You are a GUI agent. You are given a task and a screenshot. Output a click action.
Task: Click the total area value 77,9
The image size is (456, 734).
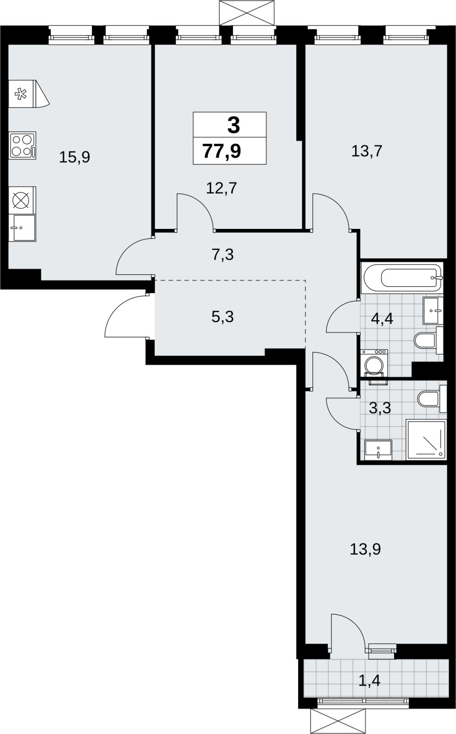[x=222, y=151]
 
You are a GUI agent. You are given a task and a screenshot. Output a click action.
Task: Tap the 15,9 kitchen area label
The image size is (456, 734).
[x=74, y=157]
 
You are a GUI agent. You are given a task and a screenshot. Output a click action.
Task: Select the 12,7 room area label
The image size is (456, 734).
[x=221, y=189]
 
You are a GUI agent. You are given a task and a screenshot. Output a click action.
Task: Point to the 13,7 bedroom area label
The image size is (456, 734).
[x=367, y=151]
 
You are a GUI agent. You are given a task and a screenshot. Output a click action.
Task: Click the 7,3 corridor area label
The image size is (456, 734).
[x=223, y=255]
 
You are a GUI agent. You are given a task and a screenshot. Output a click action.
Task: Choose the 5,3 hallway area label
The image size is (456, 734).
[x=223, y=317]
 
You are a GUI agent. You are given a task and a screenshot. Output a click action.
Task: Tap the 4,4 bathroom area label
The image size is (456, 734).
[x=382, y=318]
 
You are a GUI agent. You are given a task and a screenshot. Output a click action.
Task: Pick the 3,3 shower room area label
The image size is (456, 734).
[x=380, y=408]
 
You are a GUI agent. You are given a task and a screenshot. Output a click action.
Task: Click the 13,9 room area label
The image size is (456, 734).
[x=365, y=549]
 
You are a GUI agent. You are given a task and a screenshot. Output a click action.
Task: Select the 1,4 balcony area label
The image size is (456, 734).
[x=369, y=681]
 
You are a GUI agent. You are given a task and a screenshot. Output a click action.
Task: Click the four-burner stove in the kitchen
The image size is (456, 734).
[x=22, y=145]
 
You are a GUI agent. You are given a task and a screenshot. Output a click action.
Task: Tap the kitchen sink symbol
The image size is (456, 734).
[x=22, y=228]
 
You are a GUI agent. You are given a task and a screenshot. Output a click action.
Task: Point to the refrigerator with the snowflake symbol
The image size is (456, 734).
[x=29, y=94]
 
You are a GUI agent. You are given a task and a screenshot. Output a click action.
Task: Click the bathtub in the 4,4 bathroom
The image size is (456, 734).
[x=402, y=278]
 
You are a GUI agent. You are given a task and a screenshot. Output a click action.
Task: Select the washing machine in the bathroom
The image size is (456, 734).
[x=374, y=363]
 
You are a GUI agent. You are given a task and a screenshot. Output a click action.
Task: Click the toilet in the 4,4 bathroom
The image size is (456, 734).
[x=428, y=340]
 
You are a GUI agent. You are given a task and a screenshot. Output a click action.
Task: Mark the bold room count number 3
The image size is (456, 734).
[x=234, y=125]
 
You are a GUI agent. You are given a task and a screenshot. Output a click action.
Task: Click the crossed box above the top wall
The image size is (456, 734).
[x=246, y=12]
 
